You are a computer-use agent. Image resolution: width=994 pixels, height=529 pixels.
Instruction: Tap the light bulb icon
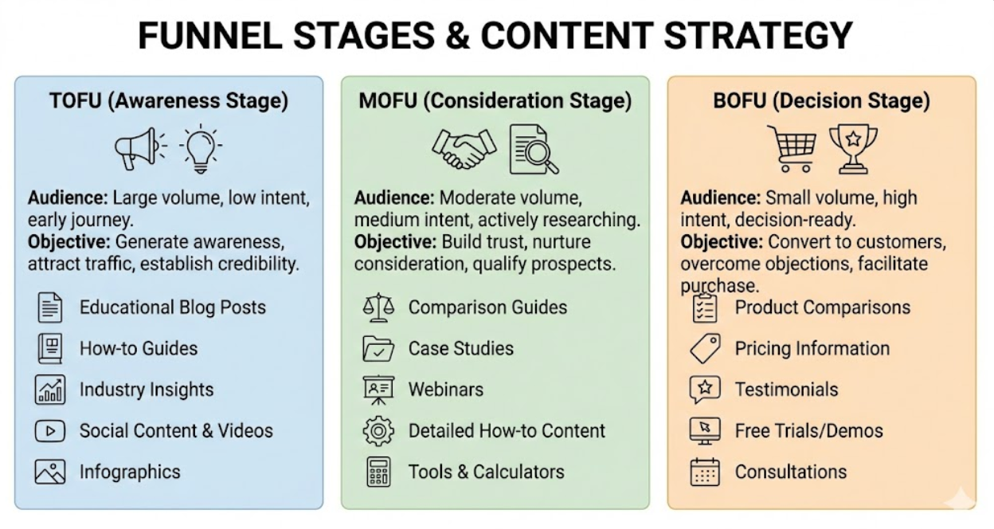(x=200, y=147)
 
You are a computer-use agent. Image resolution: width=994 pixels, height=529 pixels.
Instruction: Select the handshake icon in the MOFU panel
(x=464, y=147)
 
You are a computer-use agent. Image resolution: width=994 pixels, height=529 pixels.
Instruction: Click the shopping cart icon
(x=791, y=148)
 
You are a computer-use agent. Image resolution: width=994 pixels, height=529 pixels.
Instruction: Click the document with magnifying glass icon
(x=532, y=148)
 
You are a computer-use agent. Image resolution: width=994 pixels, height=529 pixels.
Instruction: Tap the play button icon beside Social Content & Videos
(x=49, y=431)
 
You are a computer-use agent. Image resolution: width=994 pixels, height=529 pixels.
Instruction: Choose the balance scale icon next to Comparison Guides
(x=378, y=308)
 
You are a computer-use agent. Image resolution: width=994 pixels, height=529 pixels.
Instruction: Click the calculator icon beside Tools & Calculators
(x=378, y=472)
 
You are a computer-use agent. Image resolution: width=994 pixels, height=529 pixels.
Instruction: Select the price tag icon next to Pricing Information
(x=705, y=349)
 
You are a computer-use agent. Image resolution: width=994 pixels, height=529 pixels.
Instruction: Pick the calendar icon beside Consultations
(x=705, y=472)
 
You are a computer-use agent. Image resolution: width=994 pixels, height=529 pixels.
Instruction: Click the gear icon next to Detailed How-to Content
(x=378, y=431)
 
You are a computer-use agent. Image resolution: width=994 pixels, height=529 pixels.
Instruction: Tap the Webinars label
(x=445, y=390)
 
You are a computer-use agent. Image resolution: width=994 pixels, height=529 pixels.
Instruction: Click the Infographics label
(x=130, y=472)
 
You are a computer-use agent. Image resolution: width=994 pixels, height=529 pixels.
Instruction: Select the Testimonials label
(x=786, y=390)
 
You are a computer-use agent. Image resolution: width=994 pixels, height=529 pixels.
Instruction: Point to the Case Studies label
(x=460, y=348)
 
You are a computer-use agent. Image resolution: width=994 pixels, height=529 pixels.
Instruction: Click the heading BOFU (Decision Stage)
(x=821, y=101)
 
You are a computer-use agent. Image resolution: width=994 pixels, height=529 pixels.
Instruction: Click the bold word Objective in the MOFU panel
(x=394, y=241)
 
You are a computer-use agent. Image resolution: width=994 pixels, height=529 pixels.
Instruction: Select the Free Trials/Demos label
(x=808, y=431)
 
